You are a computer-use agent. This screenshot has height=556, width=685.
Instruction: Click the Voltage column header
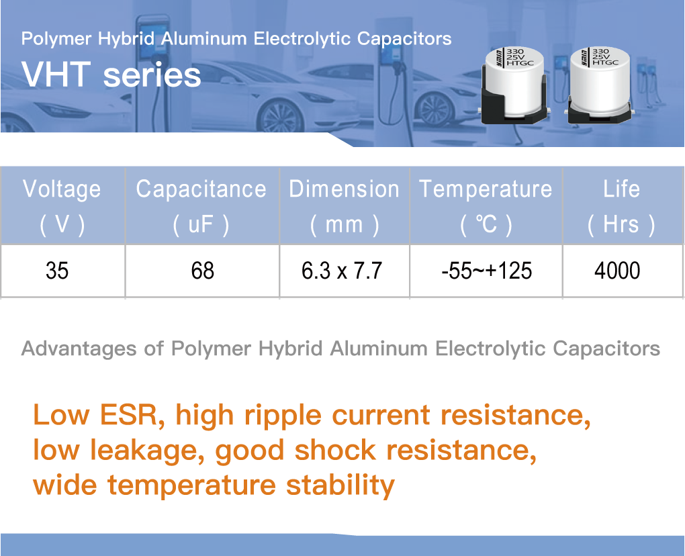pos(62,206)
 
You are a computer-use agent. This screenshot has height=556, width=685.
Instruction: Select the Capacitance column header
pos(201,206)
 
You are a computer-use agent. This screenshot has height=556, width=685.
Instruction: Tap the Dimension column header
pos(345,206)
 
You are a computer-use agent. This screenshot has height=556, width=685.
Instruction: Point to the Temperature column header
pos(486,206)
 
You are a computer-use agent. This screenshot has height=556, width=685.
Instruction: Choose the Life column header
pos(621,206)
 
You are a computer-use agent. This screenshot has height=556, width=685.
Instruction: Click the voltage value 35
pos(57,271)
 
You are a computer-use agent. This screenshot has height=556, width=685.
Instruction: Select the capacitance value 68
pos(203,271)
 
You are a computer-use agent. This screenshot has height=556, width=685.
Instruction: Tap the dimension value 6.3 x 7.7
pos(342,271)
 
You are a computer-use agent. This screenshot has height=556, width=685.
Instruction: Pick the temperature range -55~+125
pos(487,271)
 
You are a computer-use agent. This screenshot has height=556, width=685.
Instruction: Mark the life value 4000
pos(617,271)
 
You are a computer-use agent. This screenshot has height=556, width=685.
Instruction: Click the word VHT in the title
pos(56,75)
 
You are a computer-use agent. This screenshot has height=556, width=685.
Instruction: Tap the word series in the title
pos(152,75)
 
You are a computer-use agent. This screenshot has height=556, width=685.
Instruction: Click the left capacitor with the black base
pos(514,85)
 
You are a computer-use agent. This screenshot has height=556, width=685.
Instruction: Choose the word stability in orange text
pos(340,486)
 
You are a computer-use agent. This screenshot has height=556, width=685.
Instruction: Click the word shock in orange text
pos(336,451)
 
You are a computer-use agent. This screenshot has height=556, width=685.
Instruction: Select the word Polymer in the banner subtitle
pos(56,40)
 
